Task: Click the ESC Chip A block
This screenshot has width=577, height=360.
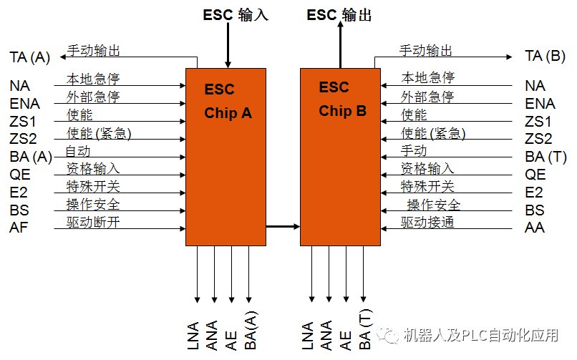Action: pos(226,157)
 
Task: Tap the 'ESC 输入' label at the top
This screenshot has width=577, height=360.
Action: pos(237,15)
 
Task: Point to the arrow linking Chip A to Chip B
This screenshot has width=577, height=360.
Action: pos(283,227)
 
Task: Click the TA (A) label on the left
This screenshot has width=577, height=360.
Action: pos(30,57)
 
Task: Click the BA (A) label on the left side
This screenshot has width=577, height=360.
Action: pos(31,157)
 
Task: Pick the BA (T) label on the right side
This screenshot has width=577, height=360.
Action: pos(546,157)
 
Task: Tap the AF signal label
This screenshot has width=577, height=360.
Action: pos(19,228)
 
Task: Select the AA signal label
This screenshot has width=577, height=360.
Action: pos(535,228)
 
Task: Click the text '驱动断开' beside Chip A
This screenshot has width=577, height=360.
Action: pos(93,222)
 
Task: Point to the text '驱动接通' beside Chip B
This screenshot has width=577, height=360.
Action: pos(427,222)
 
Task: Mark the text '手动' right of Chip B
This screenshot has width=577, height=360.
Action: pos(414,151)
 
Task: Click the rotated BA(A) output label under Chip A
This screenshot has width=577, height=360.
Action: pos(251,330)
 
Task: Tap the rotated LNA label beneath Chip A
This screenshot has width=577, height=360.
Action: pos(194,334)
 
